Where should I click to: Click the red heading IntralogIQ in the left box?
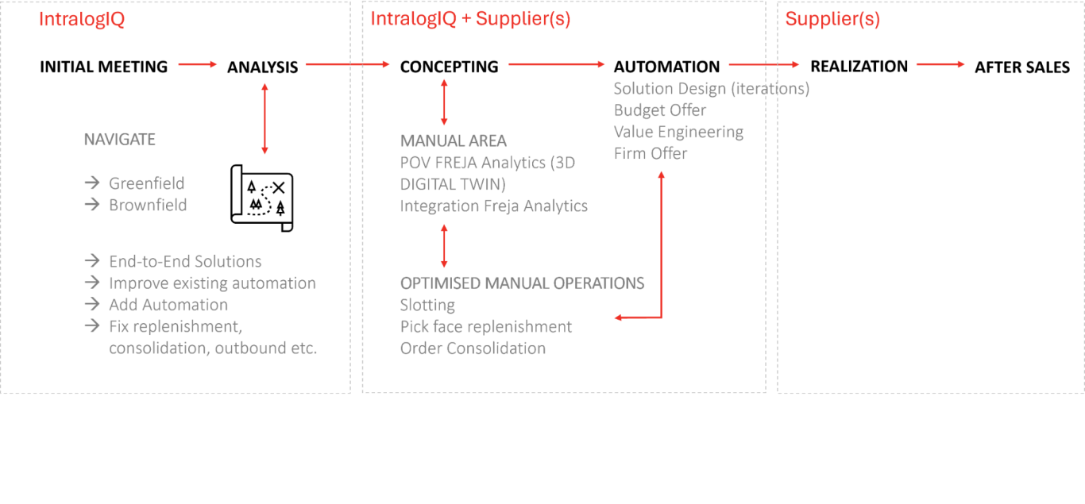coord(82,20)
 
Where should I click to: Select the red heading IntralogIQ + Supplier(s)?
coord(470,20)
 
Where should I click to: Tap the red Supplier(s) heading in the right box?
coord(832,20)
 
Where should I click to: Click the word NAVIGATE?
coord(120,140)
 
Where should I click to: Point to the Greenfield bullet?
coord(146,183)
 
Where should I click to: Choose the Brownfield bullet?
coord(148,205)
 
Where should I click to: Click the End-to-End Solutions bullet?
coord(185,261)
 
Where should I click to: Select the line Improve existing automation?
coord(212,283)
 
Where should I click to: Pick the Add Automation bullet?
coord(168,305)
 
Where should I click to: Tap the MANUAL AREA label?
coord(453,141)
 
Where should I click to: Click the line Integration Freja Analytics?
coord(493,206)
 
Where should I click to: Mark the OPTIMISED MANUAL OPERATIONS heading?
coord(522,283)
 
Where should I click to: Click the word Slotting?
coord(427,305)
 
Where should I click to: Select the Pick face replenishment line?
coord(486,327)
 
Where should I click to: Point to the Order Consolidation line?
coord(473,348)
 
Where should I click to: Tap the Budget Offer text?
coord(660,110)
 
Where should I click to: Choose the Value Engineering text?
coord(679,132)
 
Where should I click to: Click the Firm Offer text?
coord(651,153)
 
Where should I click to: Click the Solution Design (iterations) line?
coord(712,89)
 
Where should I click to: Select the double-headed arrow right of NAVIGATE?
coord(264,118)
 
